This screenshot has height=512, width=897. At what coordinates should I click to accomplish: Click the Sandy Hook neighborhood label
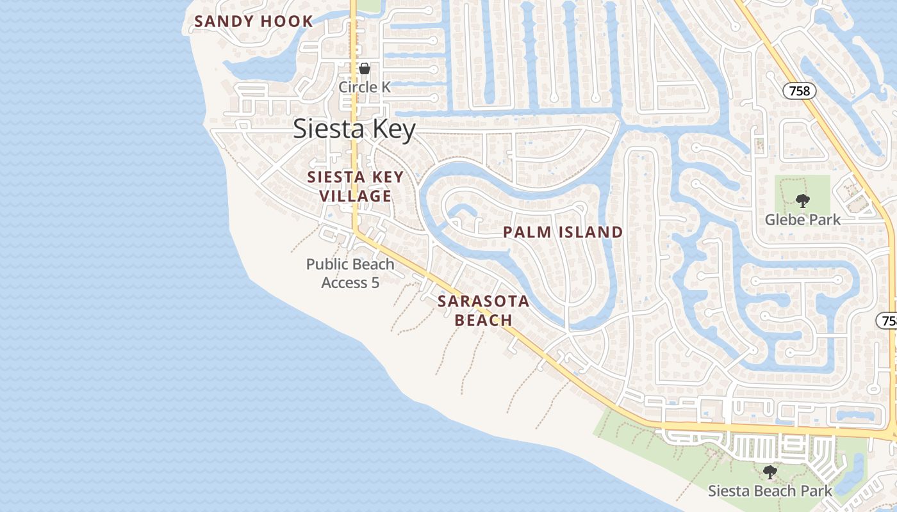click(254, 21)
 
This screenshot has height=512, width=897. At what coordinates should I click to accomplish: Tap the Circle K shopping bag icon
click(365, 68)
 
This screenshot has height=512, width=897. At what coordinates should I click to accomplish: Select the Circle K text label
click(365, 86)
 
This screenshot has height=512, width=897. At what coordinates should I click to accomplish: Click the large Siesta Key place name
click(354, 129)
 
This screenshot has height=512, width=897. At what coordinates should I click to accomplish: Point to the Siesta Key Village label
click(356, 186)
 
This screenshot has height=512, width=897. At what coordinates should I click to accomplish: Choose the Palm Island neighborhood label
click(563, 232)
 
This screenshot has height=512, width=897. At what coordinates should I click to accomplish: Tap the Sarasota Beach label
click(484, 310)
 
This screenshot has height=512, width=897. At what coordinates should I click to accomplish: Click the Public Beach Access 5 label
click(350, 273)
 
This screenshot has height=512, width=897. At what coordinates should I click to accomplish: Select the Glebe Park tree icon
click(802, 200)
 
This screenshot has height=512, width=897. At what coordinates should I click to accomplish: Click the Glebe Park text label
click(802, 220)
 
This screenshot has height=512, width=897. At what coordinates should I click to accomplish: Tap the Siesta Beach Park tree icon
click(770, 472)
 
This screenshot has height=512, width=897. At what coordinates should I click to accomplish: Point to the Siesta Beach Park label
click(770, 491)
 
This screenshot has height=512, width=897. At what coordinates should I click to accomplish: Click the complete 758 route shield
click(800, 91)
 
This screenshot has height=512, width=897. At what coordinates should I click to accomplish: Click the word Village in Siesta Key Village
click(356, 196)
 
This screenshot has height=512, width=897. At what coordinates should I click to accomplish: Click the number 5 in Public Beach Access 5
click(375, 282)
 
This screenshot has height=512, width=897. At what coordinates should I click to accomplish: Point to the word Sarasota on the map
click(484, 301)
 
